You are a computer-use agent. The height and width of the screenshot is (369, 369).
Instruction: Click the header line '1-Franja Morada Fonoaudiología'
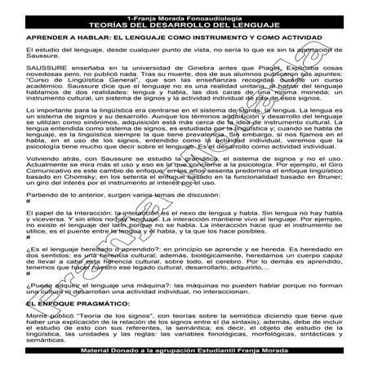pos(184,18)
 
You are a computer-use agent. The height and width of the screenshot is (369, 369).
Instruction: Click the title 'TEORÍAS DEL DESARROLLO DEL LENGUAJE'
pos(184,26)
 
